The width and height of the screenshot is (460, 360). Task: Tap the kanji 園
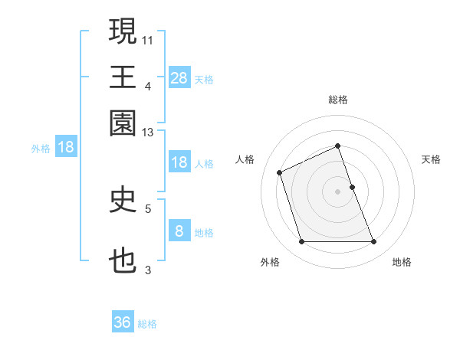[x=123, y=123]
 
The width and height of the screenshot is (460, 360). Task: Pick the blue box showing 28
[x=179, y=77]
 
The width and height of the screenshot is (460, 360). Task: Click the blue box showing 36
[x=123, y=322]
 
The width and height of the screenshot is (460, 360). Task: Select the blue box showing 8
[x=179, y=231]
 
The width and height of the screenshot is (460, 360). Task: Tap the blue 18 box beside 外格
[x=66, y=147]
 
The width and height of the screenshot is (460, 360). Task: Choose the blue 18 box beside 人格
[x=179, y=162]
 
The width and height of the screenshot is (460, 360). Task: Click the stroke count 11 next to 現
[x=148, y=38]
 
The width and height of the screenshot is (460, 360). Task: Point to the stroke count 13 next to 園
[x=148, y=133]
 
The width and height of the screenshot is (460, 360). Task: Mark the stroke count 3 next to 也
[x=148, y=270]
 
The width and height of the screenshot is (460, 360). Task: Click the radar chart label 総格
[x=338, y=100]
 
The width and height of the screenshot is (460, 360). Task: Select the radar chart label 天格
[x=431, y=159]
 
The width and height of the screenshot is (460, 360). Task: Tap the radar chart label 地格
[x=402, y=263]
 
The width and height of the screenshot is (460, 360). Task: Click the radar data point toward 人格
[x=281, y=172]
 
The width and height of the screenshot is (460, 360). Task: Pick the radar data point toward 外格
[x=301, y=242]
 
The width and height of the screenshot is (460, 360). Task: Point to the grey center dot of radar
[x=338, y=191]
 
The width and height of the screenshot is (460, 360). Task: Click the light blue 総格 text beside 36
[x=147, y=324]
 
